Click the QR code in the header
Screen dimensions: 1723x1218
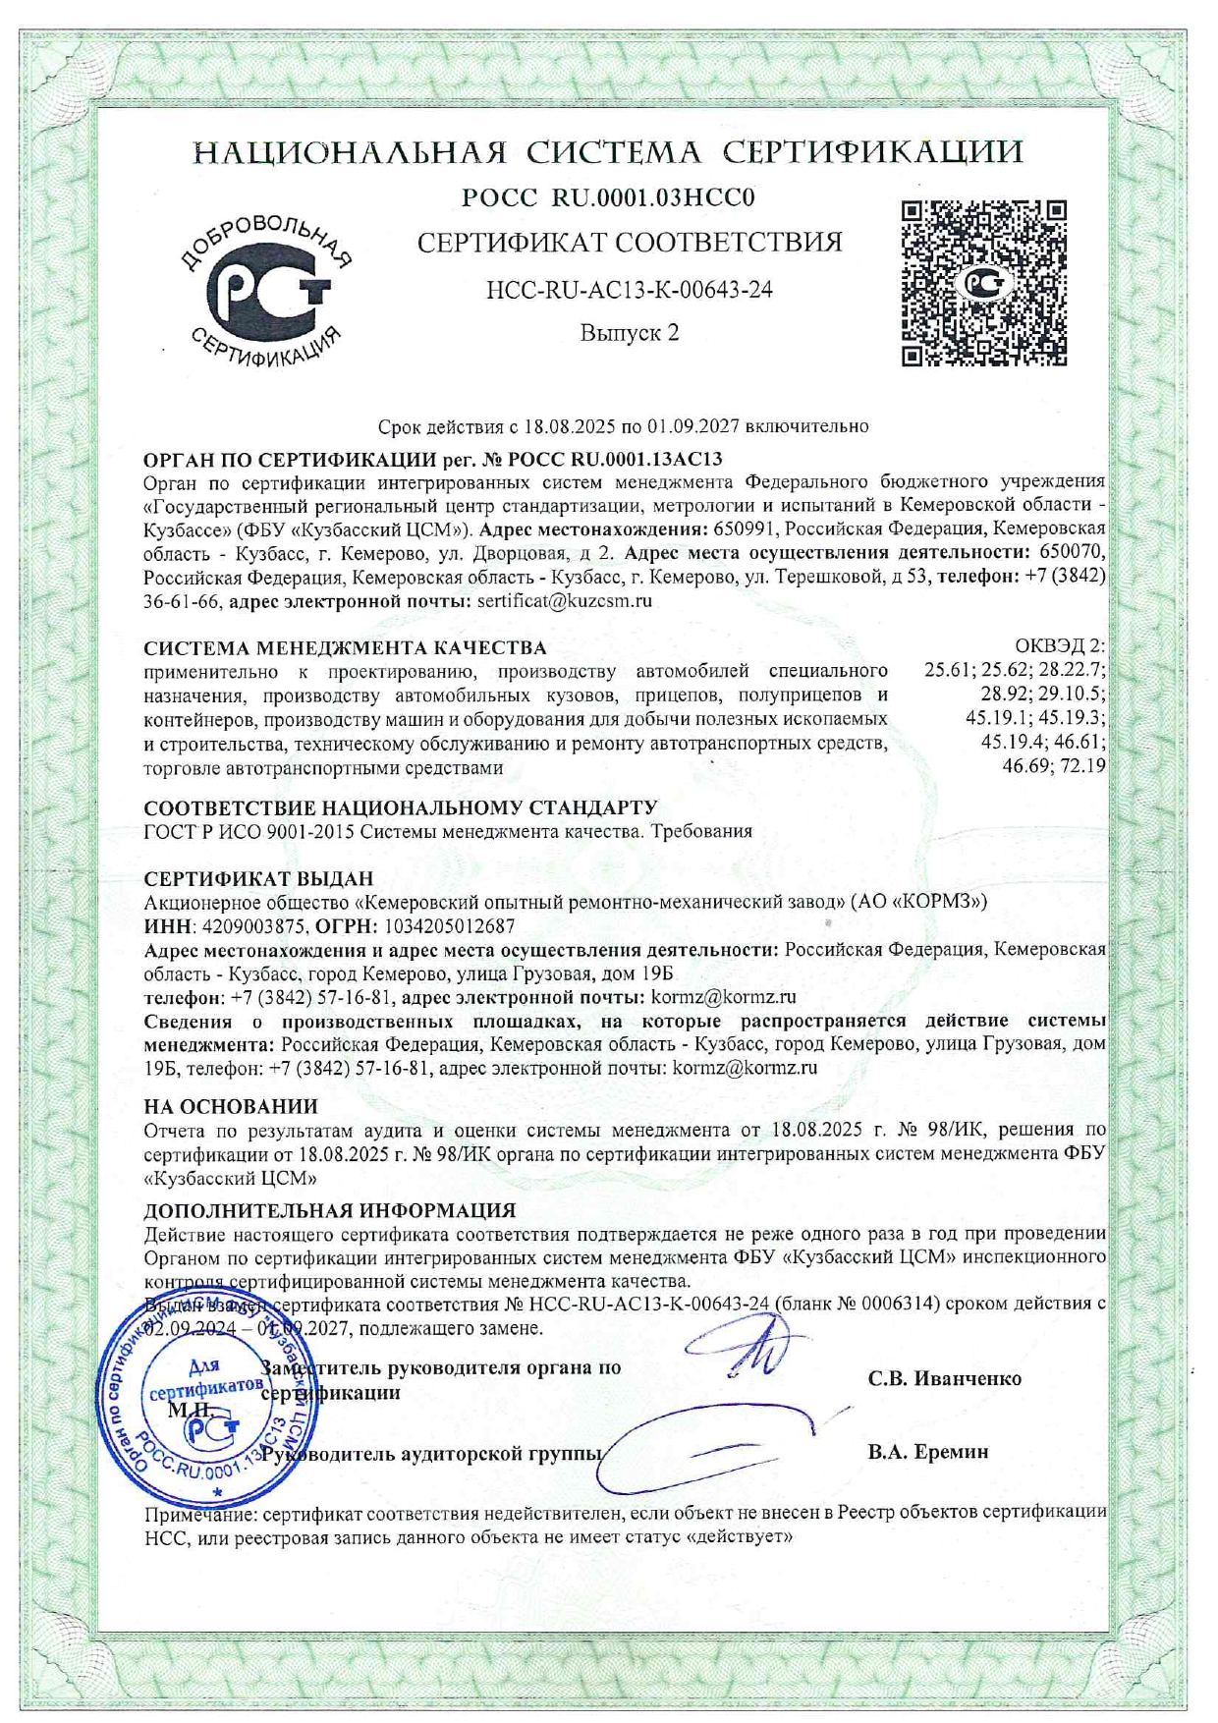pyautogui.click(x=984, y=284)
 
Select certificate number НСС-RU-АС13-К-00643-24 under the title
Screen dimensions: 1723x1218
pyautogui.click(x=630, y=290)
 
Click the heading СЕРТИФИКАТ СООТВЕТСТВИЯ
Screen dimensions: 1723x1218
pyautogui.click(x=630, y=243)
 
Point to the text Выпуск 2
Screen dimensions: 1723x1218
pyautogui.click(x=630, y=333)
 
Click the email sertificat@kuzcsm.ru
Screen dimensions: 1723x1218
pyautogui.click(x=564, y=601)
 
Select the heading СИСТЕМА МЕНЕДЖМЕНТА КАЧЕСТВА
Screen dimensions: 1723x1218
pyautogui.click(x=345, y=648)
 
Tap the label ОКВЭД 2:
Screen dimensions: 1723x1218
pyautogui.click(x=1059, y=646)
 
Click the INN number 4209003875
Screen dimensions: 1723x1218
pyautogui.click(x=255, y=926)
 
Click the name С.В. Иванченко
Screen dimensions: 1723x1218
pyautogui.click(x=944, y=1379)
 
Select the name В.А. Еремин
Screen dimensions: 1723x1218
pyautogui.click(x=927, y=1452)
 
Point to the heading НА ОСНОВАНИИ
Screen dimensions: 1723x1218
pyautogui.click(x=231, y=1107)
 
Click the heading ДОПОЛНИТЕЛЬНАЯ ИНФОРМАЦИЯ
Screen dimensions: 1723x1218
pyautogui.click(x=330, y=1211)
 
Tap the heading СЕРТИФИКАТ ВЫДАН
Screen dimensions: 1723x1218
pyautogui.click(x=258, y=879)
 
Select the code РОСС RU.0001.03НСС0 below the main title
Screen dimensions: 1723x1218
pyautogui.click(x=608, y=198)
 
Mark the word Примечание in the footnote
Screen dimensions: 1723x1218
pyautogui.click(x=199, y=1513)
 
